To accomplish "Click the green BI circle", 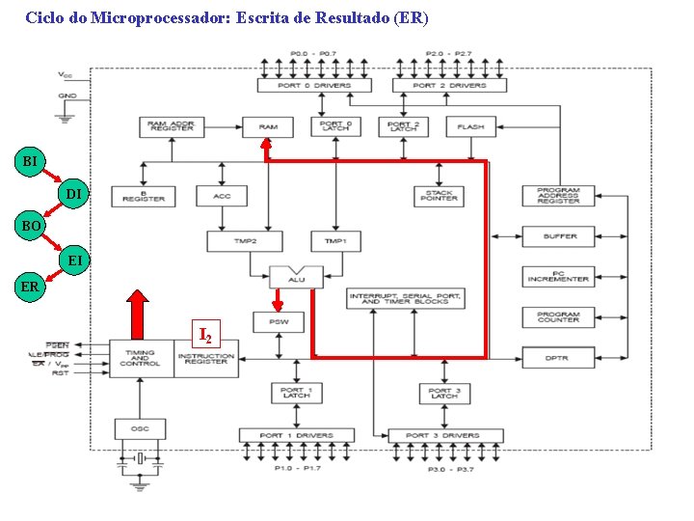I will click(x=30, y=160).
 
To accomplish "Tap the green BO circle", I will click(x=30, y=226).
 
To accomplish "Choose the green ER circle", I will click(x=30, y=287).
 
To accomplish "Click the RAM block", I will click(x=268, y=126).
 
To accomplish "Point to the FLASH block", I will click(x=470, y=126).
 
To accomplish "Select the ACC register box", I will click(x=222, y=196).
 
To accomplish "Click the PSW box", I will click(x=278, y=321).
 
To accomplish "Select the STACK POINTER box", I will click(x=439, y=196).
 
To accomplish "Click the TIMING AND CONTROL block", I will click(x=140, y=358).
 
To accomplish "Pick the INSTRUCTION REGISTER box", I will click(x=206, y=358).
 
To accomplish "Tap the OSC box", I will click(x=140, y=427).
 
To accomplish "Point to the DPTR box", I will click(x=558, y=358).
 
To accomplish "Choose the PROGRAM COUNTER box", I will click(x=558, y=317).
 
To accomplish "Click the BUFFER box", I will click(x=558, y=236).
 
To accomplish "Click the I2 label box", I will click(x=205, y=335).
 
